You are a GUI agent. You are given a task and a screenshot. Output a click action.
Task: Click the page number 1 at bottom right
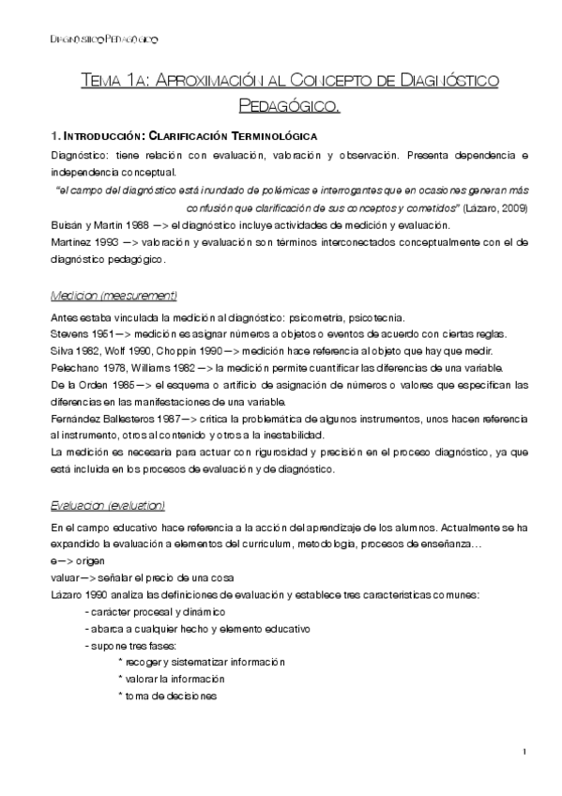(x=525, y=751)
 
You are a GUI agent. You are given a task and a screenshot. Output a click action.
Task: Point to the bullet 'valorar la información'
(x=171, y=679)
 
